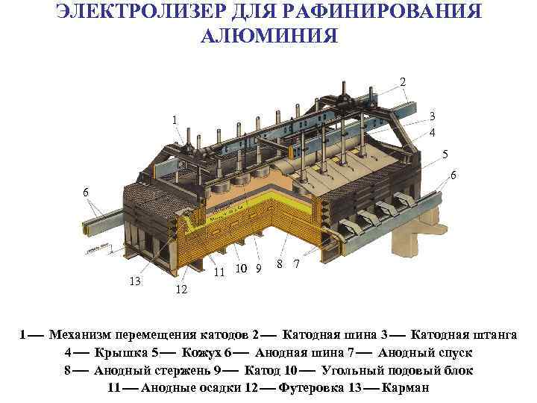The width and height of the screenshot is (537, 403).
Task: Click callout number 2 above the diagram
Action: tap(403, 81)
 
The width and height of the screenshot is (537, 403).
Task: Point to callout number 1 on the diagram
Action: tap(174, 120)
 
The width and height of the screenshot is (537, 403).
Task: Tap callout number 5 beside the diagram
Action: tap(445, 155)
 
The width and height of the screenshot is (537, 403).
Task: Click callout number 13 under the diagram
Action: tap(135, 281)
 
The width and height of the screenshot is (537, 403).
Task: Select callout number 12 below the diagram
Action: tap(181, 290)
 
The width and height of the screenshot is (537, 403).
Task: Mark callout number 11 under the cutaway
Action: tap(219, 272)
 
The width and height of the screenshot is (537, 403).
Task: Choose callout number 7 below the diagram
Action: tap(297, 264)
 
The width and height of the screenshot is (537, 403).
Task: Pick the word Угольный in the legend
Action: tap(351, 370)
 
